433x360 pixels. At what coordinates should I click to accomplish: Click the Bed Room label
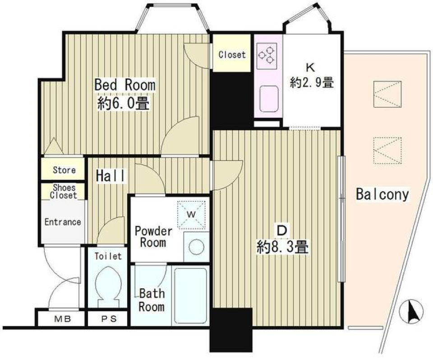click(x=124, y=84)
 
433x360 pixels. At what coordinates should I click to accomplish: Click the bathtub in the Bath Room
click(x=190, y=295)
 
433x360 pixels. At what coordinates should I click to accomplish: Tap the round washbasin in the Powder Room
click(x=196, y=247)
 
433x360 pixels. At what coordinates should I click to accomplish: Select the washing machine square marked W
click(x=191, y=213)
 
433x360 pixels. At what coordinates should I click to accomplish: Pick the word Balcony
click(x=382, y=194)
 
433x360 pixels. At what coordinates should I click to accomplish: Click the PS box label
click(x=108, y=319)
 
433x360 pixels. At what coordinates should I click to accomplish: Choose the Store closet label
click(x=64, y=170)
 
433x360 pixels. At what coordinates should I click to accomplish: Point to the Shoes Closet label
click(x=64, y=192)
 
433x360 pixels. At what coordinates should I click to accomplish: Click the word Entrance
click(x=63, y=222)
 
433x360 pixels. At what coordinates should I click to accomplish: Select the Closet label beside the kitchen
click(x=232, y=55)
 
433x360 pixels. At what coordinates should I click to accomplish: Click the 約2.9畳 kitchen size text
click(x=312, y=83)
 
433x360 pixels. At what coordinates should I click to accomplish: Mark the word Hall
click(x=111, y=176)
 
